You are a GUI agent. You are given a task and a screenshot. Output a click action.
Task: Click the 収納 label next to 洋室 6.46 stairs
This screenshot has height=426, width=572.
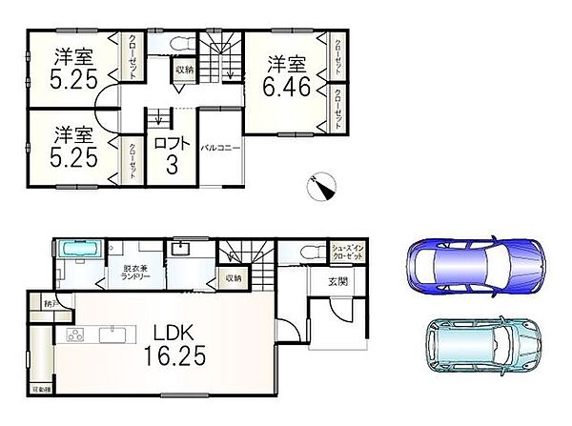184,70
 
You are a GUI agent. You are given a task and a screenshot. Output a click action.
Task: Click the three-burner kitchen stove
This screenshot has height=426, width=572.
73,336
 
